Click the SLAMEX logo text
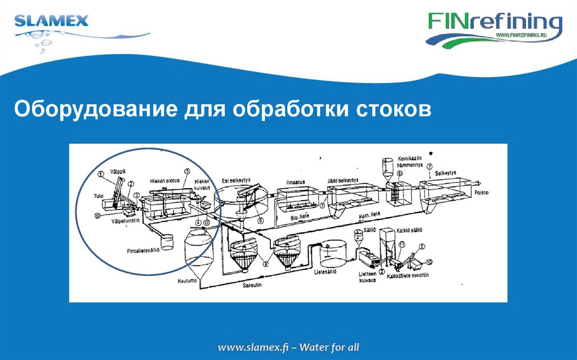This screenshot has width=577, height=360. [x=51, y=22]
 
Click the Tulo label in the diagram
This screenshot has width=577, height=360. [x=98, y=197]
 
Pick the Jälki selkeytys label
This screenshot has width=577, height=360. [x=345, y=181]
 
